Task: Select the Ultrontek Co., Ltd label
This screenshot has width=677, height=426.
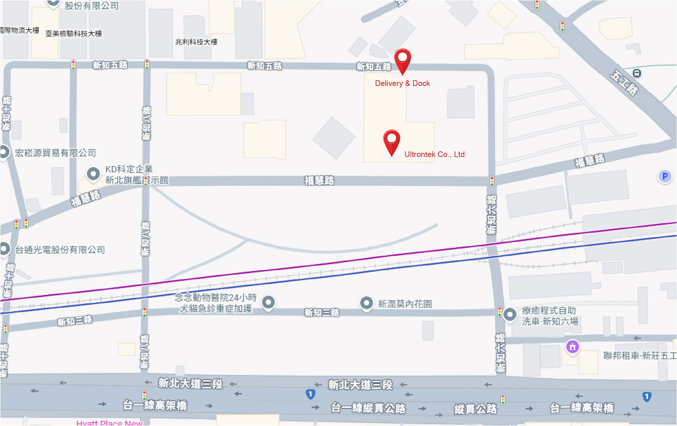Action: [434, 154]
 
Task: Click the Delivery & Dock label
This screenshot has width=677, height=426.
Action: [402, 83]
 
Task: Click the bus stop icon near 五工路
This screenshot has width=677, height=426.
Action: [637, 74]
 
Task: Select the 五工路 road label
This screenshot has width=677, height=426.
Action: [624, 83]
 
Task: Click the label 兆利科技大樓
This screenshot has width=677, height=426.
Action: [196, 42]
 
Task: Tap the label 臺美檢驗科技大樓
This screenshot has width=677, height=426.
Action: [74, 34]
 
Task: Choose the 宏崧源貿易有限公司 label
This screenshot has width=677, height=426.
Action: [55, 153]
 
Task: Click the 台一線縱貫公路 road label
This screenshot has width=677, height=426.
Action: [368, 408]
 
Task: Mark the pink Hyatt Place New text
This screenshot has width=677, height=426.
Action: [109, 423]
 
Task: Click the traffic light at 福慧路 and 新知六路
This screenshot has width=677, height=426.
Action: [492, 181]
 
